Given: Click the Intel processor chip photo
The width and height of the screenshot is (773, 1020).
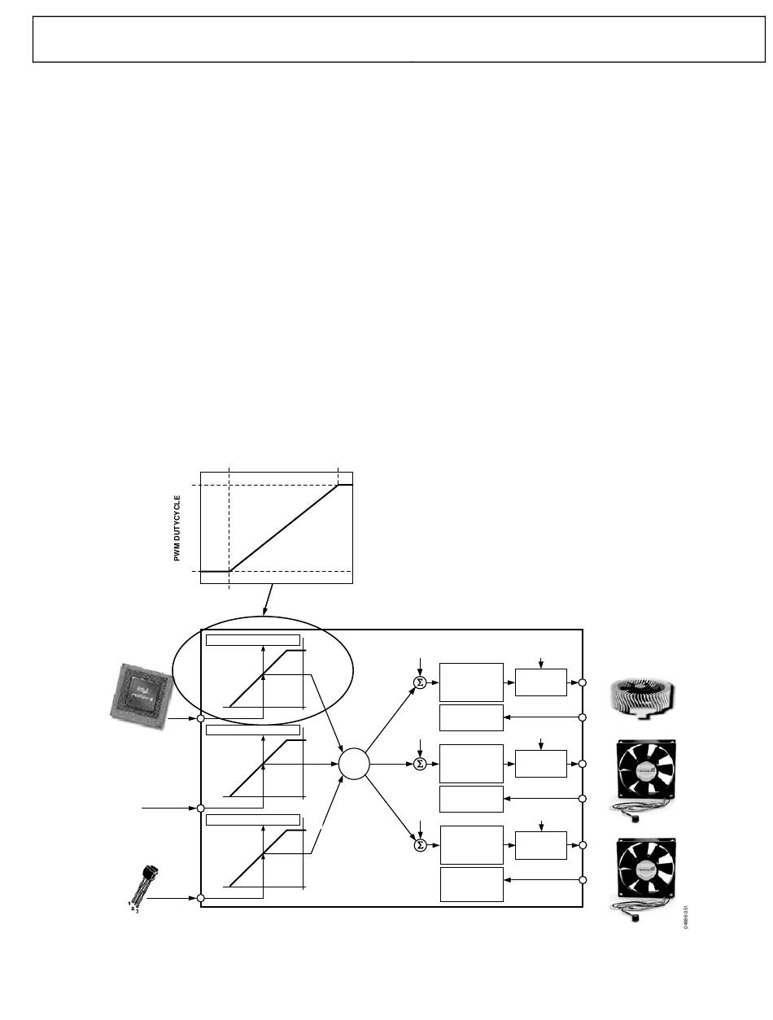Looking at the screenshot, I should point(139,691).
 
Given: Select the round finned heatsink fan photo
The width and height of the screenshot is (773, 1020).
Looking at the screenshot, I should point(642,700).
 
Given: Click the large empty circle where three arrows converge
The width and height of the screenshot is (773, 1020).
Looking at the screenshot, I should point(354,764).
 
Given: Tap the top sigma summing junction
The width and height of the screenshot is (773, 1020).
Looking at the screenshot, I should point(420,682).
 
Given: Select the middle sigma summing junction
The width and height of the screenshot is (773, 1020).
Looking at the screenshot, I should point(420,764).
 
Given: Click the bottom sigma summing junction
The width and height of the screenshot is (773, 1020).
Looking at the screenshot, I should point(420,845).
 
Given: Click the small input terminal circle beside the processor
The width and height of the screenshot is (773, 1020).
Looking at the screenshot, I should point(201,718).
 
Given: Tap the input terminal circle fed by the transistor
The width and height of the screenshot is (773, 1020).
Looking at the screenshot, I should point(201,898).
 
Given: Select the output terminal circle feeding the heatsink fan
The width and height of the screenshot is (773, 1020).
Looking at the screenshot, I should point(583,682).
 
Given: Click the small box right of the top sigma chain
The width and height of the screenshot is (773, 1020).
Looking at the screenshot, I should point(541,682).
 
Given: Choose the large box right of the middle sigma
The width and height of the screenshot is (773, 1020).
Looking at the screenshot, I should point(471,764).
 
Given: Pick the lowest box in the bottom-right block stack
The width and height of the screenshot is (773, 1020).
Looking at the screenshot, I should point(471,884).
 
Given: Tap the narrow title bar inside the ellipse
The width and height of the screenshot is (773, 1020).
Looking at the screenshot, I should point(252,639).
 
